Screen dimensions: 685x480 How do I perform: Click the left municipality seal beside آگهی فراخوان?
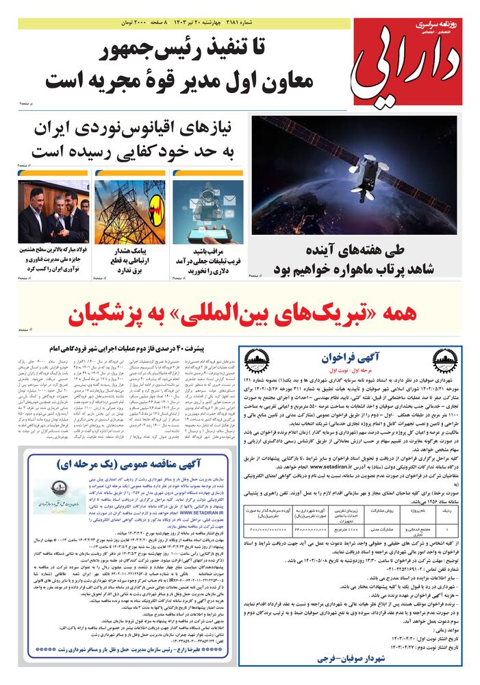tap(257, 361)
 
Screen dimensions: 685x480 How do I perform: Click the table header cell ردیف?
tap(446, 511)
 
